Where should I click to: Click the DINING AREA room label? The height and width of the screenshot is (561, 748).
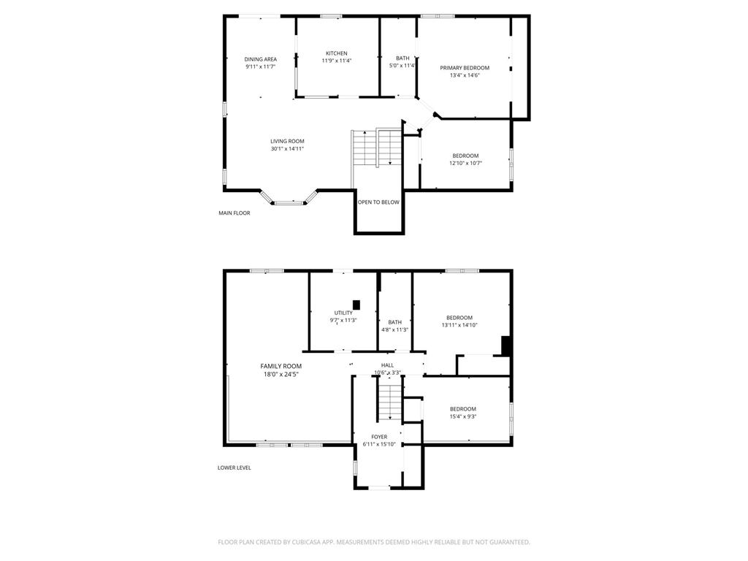click(x=260, y=59)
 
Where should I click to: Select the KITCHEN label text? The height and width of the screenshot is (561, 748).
click(x=337, y=53)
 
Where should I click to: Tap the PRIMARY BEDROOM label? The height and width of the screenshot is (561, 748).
click(x=465, y=67)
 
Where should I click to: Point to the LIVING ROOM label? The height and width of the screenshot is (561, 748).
click(x=287, y=141)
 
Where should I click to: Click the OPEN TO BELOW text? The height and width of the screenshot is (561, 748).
click(x=378, y=202)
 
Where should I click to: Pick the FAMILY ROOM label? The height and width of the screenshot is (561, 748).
click(x=281, y=366)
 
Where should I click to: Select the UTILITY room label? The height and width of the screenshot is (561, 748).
click(x=343, y=313)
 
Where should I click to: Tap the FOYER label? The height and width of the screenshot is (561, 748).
click(x=379, y=437)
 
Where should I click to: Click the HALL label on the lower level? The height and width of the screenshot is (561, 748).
click(x=387, y=365)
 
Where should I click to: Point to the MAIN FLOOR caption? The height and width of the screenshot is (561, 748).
click(x=234, y=213)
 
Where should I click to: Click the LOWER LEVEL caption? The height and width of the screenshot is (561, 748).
click(x=234, y=467)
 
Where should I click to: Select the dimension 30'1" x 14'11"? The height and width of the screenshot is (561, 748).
click(x=287, y=149)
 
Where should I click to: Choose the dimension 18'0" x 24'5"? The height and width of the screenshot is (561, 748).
click(x=281, y=374)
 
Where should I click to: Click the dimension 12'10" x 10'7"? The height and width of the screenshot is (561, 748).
click(x=465, y=164)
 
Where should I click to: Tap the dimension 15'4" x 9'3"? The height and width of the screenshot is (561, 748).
click(x=463, y=417)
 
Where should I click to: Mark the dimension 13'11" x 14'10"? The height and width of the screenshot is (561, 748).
click(x=459, y=326)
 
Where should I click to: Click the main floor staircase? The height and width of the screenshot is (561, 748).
click(x=377, y=148)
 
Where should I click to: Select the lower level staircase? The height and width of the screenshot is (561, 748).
click(x=389, y=402)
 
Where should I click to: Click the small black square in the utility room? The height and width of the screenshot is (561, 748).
click(x=356, y=305)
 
